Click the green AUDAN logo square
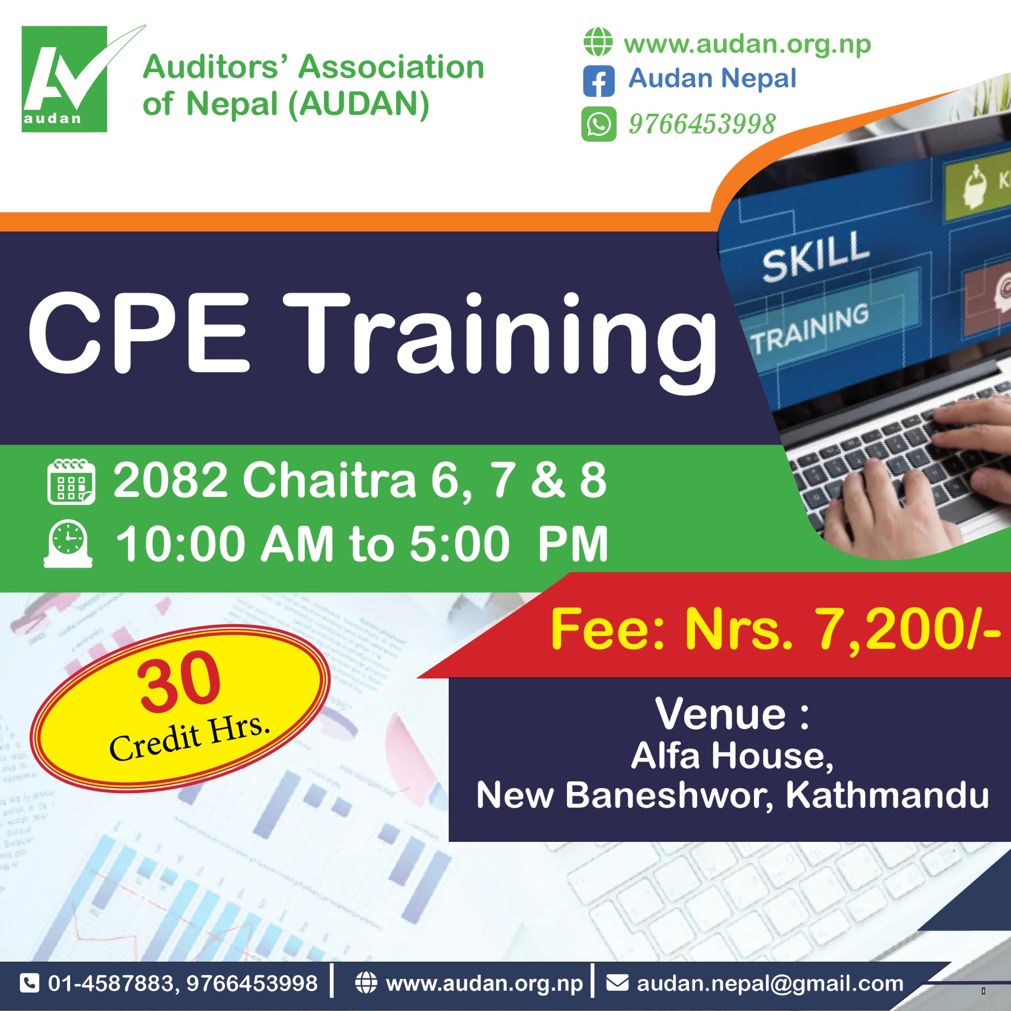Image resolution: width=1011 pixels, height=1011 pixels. click(x=65, y=79)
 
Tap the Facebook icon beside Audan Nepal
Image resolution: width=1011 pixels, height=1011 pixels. click(x=598, y=82)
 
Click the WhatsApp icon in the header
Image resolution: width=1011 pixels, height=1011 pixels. click(x=598, y=124)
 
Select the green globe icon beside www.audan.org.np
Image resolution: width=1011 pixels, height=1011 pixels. click(x=598, y=42)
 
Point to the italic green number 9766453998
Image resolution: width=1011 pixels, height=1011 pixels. click(x=702, y=124)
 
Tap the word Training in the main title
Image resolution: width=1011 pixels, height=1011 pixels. click(x=500, y=343)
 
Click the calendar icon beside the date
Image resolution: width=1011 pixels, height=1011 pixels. click(x=71, y=482)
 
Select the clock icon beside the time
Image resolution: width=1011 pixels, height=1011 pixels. click(x=68, y=544)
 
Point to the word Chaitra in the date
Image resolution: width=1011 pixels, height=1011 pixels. click(x=329, y=481)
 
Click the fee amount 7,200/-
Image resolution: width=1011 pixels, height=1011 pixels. click(x=908, y=629)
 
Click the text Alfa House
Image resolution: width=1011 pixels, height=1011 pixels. click(x=732, y=756)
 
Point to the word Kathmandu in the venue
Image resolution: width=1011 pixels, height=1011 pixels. click(x=887, y=796)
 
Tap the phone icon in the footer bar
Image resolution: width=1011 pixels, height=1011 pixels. click(x=29, y=983)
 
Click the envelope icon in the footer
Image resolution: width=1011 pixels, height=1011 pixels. click(x=617, y=983)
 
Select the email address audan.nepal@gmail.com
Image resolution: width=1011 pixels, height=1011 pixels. click(x=770, y=984)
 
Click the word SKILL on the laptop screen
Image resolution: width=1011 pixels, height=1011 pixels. click(x=816, y=256)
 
